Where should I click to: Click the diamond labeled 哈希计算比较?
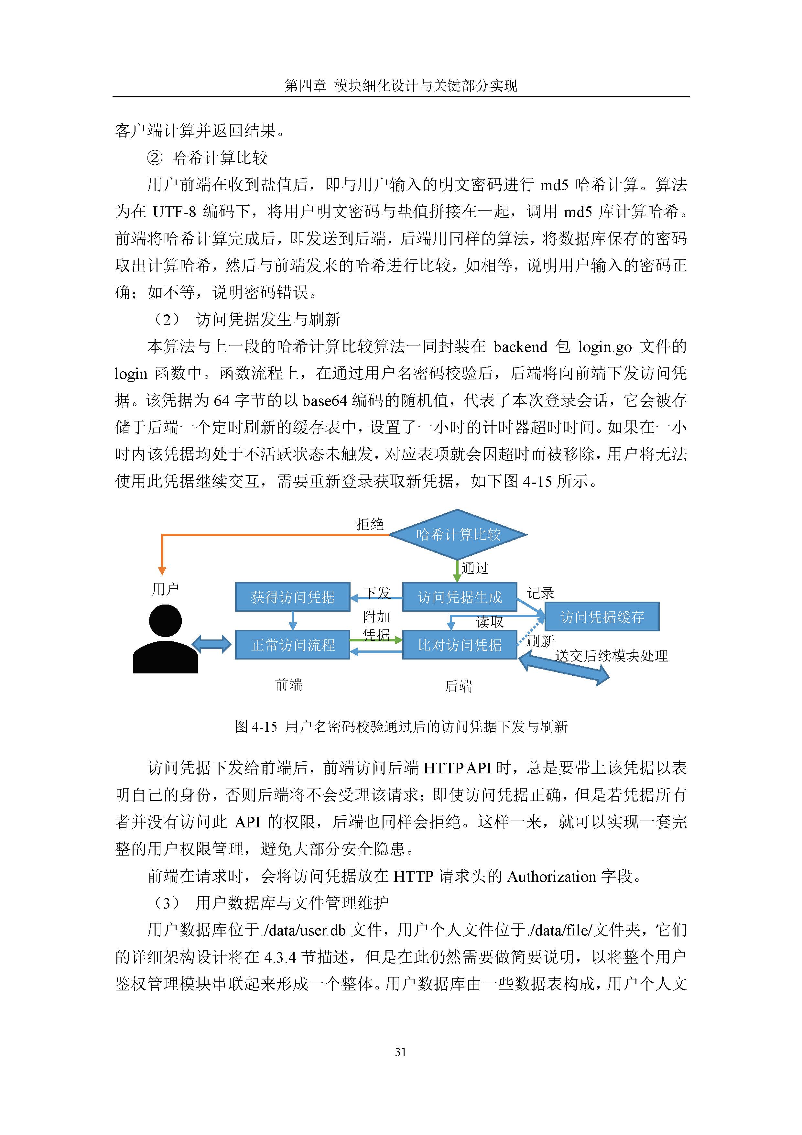[x=458, y=534]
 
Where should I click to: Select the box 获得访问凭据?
[x=293, y=597]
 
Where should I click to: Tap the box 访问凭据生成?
[x=460, y=597]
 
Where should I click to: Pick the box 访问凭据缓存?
[x=602, y=617]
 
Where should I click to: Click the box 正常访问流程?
[x=293, y=645]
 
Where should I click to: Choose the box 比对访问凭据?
[x=460, y=645]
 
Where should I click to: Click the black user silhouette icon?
[x=165, y=639]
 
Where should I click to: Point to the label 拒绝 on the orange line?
[x=370, y=524]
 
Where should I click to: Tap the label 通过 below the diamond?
[x=475, y=568]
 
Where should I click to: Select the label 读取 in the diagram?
[x=490, y=622]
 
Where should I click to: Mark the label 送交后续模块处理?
[x=611, y=656]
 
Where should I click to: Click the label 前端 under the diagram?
[x=288, y=685]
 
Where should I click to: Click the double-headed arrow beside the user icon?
[x=211, y=644]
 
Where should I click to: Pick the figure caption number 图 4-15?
[x=256, y=726]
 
